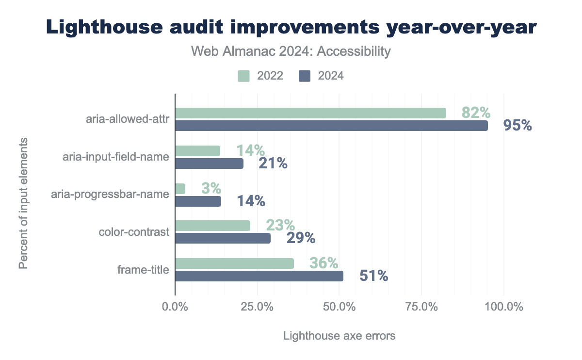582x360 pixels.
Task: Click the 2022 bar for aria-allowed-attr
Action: pos(310,113)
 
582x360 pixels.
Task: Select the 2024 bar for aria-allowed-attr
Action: pos(331,126)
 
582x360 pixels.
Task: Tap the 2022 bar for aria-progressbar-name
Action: pos(180,189)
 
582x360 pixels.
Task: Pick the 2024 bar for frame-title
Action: pos(259,276)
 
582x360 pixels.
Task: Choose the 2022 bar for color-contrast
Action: pos(212,226)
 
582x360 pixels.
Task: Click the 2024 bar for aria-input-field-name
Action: pos(209,164)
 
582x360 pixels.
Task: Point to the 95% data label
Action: pos(517,126)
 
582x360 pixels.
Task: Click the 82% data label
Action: pos(476,113)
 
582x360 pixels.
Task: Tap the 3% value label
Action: pos(211,188)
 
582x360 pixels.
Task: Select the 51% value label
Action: pos(373,276)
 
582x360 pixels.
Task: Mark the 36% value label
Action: pos(323,263)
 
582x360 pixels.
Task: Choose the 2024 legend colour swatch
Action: pos(305,76)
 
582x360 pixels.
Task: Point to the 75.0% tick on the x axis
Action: pos(421,307)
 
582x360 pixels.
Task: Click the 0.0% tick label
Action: pos(175,307)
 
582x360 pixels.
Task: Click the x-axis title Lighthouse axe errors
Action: pos(339,336)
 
